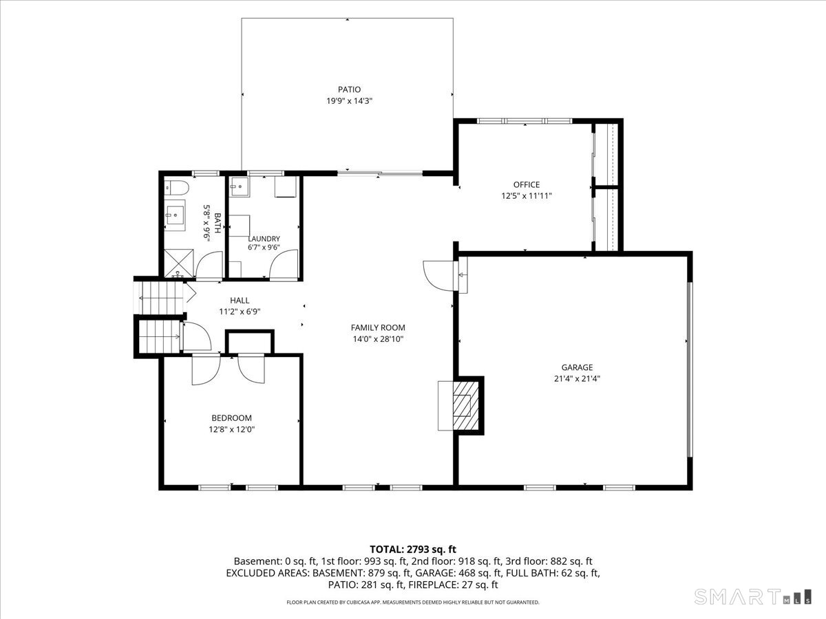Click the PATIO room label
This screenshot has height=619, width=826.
[349, 89]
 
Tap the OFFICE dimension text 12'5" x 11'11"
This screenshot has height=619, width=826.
[527, 196]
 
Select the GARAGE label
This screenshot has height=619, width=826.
[577, 367]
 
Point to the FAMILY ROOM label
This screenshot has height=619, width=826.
[378, 328]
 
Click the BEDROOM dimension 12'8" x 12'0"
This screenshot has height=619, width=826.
[232, 429]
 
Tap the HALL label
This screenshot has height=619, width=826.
[240, 301]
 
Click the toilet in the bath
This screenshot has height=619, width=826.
[176, 188]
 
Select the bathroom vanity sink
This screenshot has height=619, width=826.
[175, 215]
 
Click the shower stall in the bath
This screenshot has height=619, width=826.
[179, 263]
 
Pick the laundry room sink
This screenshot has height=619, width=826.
[240, 187]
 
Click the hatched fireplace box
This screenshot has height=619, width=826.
[465, 406]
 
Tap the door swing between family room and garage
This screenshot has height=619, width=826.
[438, 276]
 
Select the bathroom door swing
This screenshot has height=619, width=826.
[209, 265]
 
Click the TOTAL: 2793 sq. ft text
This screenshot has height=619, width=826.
[413, 550]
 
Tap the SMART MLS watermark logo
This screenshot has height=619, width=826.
[752, 597]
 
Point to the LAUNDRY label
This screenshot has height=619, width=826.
[264, 239]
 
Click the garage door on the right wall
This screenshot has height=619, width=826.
[690, 369]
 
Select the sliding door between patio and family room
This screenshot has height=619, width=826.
[380, 173]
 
